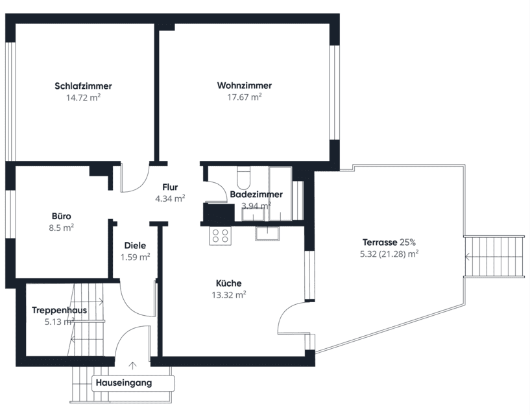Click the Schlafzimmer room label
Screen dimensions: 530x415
[83, 86]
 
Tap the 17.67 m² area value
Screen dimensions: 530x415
[245, 97]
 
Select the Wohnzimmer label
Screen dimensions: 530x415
[245, 85]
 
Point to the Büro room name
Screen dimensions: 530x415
[62, 216]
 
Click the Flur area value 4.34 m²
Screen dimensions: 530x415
[170, 198]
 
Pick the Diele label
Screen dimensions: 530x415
[135, 246]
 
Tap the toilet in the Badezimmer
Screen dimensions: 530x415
[243, 178]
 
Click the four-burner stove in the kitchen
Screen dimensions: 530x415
[221, 235]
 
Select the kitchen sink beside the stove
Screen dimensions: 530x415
[267, 233]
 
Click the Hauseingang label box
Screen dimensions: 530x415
[133, 383]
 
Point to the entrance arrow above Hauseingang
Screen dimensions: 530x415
[133, 366]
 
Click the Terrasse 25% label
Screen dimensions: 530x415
[389, 243]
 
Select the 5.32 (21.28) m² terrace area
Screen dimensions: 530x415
[389, 254]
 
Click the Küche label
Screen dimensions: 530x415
[229, 283]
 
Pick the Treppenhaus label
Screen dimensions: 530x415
[60, 310]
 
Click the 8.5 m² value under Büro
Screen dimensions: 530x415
[62, 228]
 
